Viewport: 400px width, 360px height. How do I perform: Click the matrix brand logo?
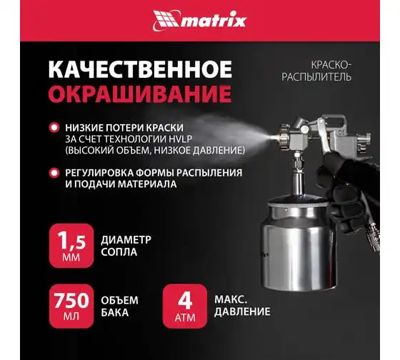pos(200,21)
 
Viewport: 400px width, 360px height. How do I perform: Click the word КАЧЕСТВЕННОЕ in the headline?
pos(140,69)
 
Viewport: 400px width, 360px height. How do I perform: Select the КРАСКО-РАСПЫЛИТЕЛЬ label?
pos(316,71)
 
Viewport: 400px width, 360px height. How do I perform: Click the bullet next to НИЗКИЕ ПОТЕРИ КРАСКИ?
pos(54,128)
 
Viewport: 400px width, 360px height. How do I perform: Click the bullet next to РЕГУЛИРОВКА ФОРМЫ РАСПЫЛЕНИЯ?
pos(54,173)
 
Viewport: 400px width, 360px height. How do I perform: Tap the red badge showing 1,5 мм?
pos(71,246)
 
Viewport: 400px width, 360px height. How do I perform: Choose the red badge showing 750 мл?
pos(71,306)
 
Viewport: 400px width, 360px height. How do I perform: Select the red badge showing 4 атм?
pos(185,306)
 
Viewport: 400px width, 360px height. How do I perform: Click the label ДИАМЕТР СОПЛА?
pos(126,246)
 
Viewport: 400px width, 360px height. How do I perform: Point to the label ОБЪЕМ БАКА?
pos(120,306)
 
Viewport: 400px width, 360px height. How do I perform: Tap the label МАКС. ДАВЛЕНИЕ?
pos(242,306)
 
